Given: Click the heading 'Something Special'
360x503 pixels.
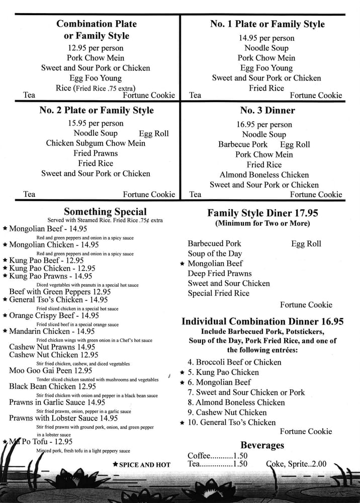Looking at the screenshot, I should tap(106, 212).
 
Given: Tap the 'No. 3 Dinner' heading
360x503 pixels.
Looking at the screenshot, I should tap(267, 110).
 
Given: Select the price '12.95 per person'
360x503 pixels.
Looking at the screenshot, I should tap(96, 48).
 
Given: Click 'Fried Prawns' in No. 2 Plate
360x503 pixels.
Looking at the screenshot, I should tap(96, 153).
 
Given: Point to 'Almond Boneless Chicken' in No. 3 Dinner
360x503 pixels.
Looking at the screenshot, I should tap(264, 175).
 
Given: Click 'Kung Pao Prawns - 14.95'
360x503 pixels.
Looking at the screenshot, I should tap(51, 276).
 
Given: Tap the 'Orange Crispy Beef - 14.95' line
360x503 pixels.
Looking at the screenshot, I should tap(54, 315).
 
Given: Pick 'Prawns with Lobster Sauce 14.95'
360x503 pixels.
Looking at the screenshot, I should tap(63, 417).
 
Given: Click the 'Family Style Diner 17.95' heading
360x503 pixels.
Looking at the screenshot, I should tap(262, 213).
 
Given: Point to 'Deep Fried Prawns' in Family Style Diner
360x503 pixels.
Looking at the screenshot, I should tap(220, 273).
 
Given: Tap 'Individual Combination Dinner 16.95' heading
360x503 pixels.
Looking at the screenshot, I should tap(262, 321).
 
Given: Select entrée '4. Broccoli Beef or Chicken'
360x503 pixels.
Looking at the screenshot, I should tap(234, 362).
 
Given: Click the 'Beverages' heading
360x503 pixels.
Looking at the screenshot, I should tap(262, 445).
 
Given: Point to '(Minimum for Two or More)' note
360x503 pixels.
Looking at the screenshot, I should tap(262, 223).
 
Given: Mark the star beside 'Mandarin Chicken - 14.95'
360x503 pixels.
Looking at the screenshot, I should tap(5, 331).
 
